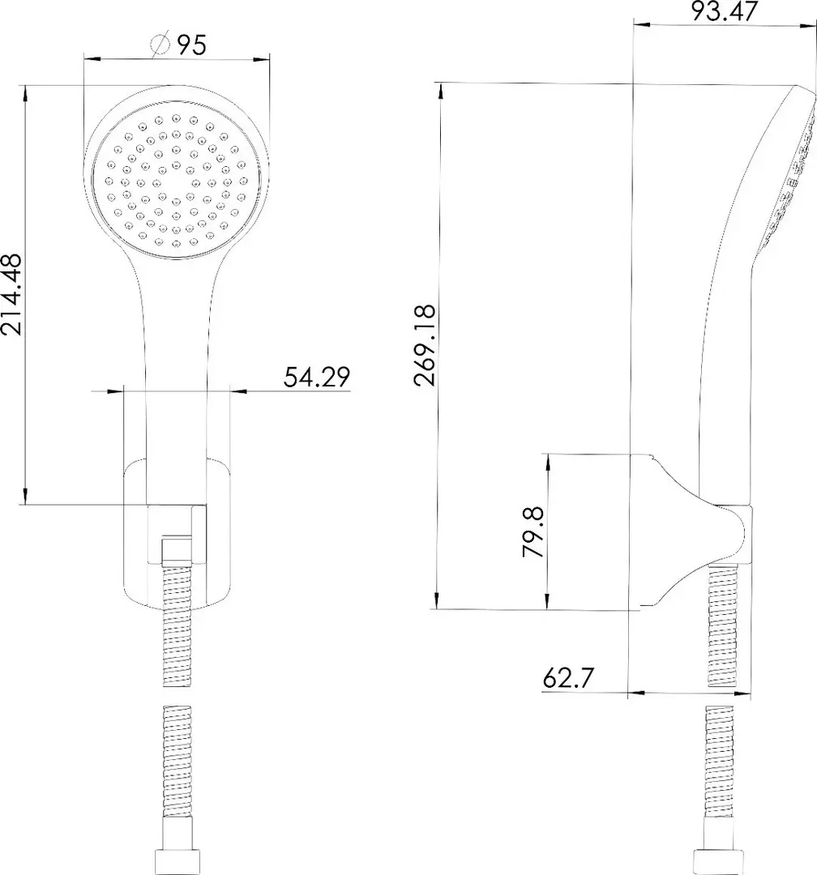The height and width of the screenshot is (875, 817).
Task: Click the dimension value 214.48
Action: click(x=11, y=294)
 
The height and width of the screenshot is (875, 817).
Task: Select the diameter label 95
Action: click(x=192, y=45)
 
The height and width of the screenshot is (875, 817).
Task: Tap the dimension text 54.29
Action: click(x=317, y=377)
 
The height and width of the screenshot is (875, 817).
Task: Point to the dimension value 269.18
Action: click(x=425, y=345)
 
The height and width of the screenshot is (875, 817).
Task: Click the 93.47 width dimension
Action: click(x=725, y=11)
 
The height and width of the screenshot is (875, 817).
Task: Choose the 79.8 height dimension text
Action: click(x=533, y=531)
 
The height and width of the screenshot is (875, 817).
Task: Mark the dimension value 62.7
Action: click(x=568, y=678)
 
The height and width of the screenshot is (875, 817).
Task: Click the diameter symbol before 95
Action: click(x=160, y=45)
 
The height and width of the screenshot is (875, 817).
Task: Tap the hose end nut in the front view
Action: click(x=177, y=864)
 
